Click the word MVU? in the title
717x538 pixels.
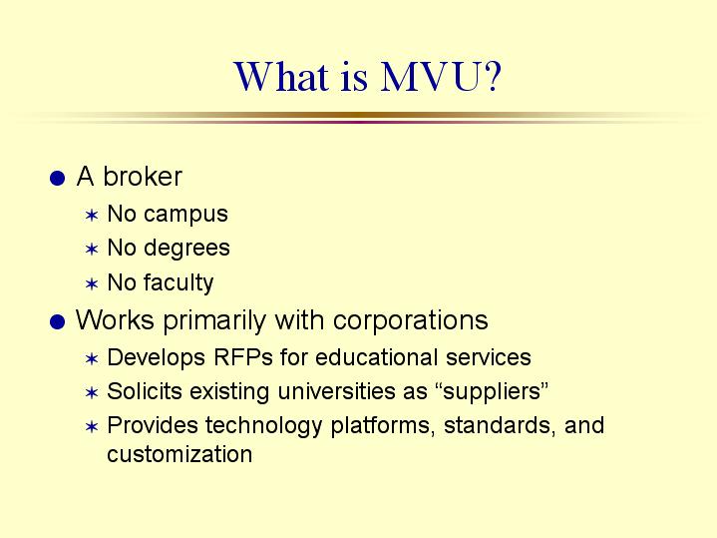[441, 77]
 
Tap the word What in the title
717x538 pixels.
[281, 76]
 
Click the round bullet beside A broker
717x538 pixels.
[57, 178]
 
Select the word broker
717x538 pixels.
[143, 177]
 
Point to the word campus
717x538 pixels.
[185, 215]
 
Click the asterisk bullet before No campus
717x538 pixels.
[92, 215]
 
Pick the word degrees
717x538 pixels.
[186, 249]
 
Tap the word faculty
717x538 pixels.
[179, 282]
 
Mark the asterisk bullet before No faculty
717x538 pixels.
[92, 283]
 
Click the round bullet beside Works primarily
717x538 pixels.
[57, 321]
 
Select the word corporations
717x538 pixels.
[410, 320]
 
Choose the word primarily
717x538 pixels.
[214, 320]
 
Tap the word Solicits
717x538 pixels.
[145, 391]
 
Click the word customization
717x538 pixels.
[179, 454]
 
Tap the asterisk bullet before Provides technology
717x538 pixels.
[92, 427]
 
